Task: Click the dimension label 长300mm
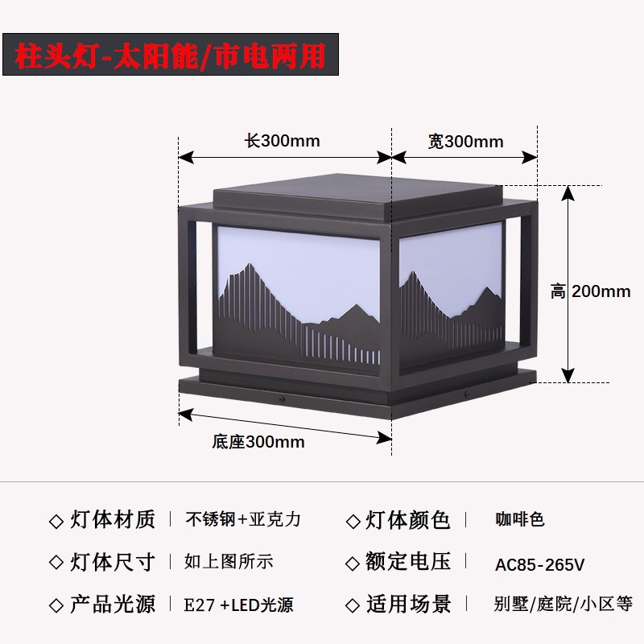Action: click(x=283, y=142)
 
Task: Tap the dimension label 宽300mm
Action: click(x=465, y=142)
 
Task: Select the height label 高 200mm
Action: click(x=590, y=291)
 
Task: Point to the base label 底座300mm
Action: click(x=258, y=442)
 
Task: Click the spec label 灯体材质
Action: click(x=113, y=520)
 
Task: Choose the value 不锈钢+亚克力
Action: click(x=243, y=520)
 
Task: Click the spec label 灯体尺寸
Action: click(x=113, y=562)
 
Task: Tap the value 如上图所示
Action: click(x=229, y=562)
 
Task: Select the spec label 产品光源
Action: click(x=113, y=604)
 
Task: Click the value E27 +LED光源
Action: click(x=238, y=605)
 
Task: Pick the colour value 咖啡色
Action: click(x=520, y=520)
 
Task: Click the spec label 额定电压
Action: click(x=408, y=562)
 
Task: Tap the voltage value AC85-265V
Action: click(x=539, y=565)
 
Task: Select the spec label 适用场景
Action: click(x=408, y=604)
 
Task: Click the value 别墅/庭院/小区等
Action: click(x=563, y=605)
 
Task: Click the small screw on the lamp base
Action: click(x=280, y=398)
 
